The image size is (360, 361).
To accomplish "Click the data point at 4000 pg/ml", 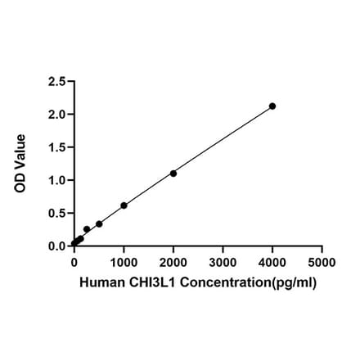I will point(272,106).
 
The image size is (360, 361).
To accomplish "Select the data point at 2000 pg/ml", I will point(173,174).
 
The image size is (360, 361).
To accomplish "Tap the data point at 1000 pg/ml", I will point(124,205).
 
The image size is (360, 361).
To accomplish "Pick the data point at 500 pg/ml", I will point(99,223).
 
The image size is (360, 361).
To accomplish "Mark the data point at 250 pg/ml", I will point(87,229).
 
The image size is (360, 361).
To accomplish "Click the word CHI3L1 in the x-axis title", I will point(144,282).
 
